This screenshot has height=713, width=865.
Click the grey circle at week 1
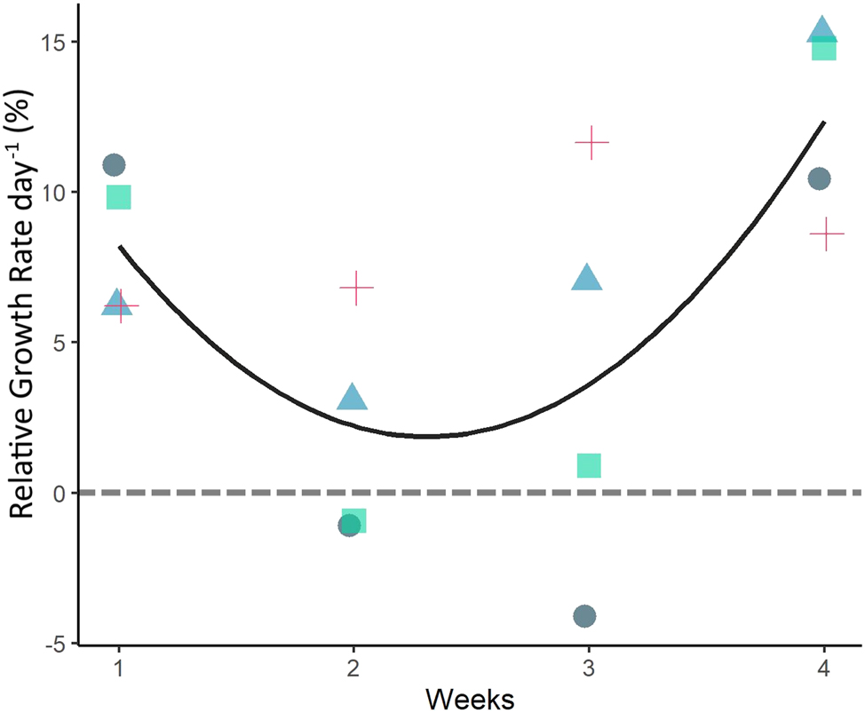(x=114, y=164)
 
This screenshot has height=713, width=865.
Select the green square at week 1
(x=118, y=197)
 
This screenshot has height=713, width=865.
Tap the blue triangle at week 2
(x=353, y=399)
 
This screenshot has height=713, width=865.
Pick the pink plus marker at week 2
(x=356, y=288)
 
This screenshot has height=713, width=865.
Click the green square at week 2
(x=354, y=521)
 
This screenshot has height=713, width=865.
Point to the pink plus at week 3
(x=591, y=142)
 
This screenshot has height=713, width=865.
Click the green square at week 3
(x=589, y=464)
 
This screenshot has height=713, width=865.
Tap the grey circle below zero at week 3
(x=584, y=615)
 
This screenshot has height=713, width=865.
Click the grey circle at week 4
(x=819, y=178)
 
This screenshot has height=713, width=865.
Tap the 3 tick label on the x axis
(x=588, y=669)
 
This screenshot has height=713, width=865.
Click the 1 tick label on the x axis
(x=119, y=669)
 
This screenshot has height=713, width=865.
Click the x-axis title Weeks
(x=469, y=697)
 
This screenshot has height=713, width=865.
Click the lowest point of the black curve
(x=427, y=436)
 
